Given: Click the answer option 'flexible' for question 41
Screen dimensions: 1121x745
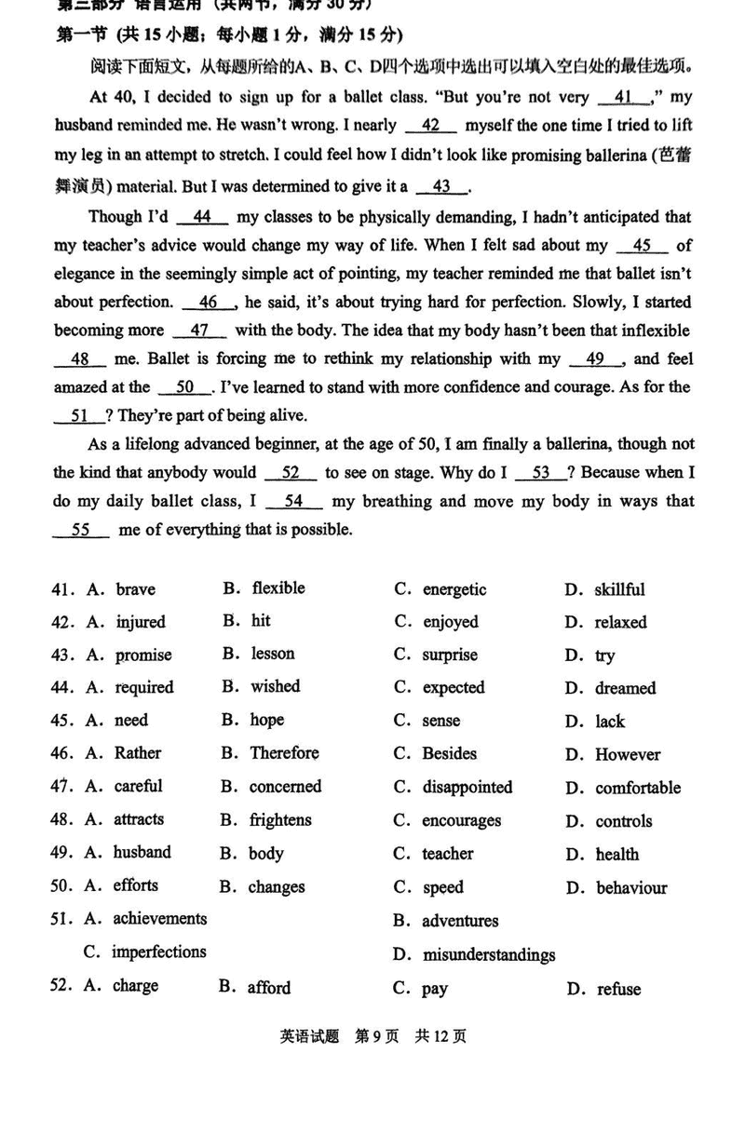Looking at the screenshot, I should pos(278,588).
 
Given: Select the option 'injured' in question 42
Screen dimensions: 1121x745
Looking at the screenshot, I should pos(140,622).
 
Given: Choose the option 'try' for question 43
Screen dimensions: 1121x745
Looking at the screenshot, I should pos(605,655).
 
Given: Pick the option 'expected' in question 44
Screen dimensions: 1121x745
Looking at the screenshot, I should pos(454,688).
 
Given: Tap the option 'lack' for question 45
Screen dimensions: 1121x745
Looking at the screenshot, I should pos(610,722).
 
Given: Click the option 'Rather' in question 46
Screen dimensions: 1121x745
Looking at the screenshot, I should pos(137,753).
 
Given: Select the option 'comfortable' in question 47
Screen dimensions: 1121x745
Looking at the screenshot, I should pos(638,788).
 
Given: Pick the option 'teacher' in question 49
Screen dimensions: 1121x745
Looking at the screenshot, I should pos(447,854).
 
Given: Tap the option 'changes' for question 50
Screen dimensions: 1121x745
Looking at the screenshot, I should pos(277,887).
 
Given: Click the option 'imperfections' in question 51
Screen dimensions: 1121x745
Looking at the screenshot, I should pos(158,952).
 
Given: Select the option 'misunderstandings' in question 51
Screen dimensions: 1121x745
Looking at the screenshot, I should pos(488,954).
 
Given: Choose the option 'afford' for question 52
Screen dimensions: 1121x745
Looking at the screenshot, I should pos(268,988).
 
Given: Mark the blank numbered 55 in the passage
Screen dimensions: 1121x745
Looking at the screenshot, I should pos(80,530).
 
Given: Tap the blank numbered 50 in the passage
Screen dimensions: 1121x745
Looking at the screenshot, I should pos(184,387).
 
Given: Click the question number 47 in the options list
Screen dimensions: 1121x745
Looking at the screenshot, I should pos(61,787).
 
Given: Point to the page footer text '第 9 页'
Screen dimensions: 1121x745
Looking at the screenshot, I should pos(376,1036).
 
